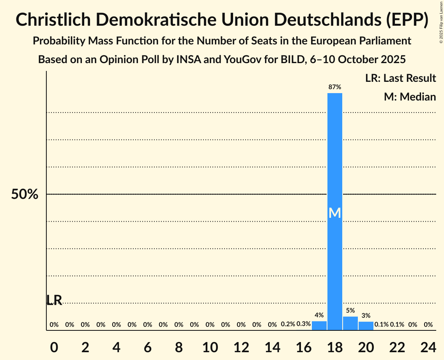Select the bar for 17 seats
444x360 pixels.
tap(319, 326)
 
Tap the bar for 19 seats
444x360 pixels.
tap(350, 323)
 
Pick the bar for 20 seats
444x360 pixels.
tap(366, 326)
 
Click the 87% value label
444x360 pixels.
tap(335, 87)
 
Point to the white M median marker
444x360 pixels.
tap(335, 213)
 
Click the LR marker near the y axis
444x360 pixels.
tap(54, 300)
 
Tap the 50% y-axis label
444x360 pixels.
tap(25, 194)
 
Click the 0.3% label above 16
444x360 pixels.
tap(304, 324)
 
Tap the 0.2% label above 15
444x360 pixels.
tap(288, 324)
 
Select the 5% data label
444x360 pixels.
tap(350, 311)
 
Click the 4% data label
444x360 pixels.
tap(319, 315)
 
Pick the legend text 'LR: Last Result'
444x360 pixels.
tap(401, 78)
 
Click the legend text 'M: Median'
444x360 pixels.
tap(410, 97)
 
